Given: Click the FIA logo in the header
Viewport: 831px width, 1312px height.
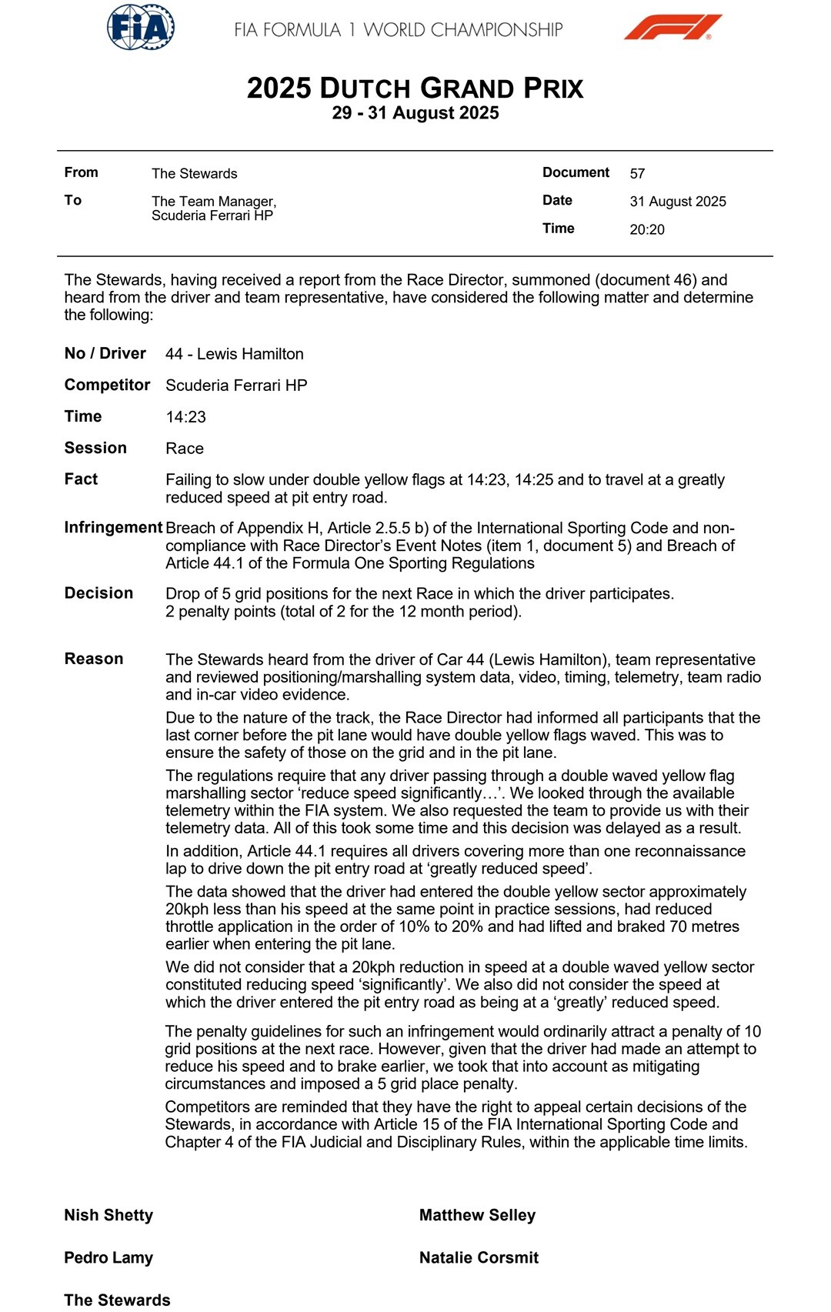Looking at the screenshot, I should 141,28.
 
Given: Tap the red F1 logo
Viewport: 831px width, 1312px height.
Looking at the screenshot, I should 672,28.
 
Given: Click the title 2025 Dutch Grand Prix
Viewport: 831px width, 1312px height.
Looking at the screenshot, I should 415,88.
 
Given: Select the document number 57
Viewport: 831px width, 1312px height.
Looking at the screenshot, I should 637,174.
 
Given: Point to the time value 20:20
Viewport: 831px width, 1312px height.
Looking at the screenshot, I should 647,229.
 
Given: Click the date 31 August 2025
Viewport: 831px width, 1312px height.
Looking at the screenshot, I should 678,202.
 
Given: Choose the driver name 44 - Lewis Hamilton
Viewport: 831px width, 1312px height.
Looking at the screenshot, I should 235,354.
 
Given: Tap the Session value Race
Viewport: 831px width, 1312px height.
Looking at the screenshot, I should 185,449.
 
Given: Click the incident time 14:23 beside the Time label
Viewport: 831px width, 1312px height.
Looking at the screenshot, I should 186,417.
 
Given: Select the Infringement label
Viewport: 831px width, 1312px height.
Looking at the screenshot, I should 113,527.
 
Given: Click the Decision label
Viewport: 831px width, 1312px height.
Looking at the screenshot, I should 98,593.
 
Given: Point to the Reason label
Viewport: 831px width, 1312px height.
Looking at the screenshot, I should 94,659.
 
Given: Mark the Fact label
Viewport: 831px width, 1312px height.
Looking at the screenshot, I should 81,479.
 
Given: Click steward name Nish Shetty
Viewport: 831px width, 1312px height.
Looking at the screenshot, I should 108,1215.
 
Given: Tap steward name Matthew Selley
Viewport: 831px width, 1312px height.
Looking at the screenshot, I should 477,1215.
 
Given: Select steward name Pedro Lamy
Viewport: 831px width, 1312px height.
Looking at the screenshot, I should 108,1257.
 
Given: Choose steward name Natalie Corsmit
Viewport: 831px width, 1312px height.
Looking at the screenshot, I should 479,1257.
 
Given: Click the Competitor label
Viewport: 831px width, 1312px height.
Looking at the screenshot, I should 107,385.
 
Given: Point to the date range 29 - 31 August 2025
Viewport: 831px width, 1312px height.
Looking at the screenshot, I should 415,113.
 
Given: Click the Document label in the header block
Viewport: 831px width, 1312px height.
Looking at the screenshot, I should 576,172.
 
